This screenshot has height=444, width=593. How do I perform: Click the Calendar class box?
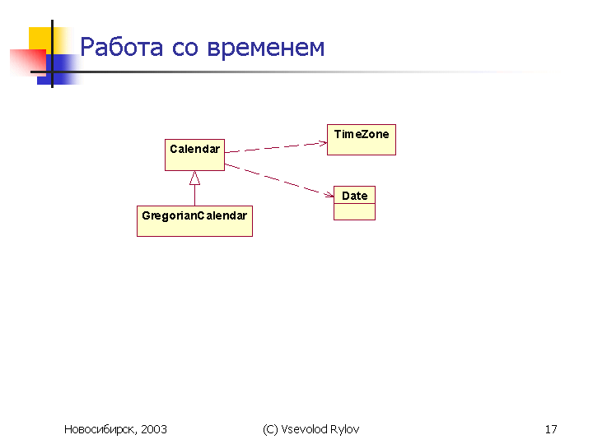[194, 155]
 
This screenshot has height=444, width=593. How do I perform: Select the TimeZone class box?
[362, 140]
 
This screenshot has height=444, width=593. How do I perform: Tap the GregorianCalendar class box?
[194, 221]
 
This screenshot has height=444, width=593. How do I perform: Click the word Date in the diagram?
[355, 196]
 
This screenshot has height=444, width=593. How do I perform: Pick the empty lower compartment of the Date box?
[355, 212]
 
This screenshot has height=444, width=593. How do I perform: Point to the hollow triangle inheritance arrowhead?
[194, 178]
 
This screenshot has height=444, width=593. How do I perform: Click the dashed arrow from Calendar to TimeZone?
[276, 147]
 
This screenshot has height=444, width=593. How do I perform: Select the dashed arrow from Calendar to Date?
[279, 180]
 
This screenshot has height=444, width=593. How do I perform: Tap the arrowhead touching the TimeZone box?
[323, 143]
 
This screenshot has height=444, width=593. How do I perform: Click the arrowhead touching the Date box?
[329, 195]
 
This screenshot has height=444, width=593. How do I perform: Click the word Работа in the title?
[122, 47]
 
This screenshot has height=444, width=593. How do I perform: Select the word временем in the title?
[266, 49]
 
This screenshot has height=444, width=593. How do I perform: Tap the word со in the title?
[185, 49]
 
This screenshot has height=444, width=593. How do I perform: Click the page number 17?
[551, 429]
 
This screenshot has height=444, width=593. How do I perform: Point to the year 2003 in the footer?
[154, 429]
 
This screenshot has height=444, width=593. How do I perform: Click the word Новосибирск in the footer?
[100, 430]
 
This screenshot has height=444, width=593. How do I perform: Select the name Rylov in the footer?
[344, 430]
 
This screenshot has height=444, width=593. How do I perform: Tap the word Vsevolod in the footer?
[305, 429]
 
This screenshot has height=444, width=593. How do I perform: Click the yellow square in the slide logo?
[40, 38]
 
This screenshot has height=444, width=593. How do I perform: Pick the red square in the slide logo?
[28, 62]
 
